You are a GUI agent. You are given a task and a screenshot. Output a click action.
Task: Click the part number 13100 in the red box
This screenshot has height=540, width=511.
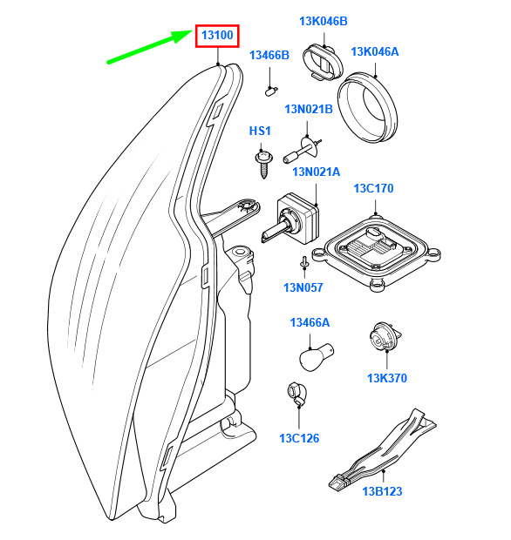217,35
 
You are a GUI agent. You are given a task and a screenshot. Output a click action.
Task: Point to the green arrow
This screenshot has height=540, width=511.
150,47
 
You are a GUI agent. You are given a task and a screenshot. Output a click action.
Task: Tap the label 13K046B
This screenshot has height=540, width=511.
324,21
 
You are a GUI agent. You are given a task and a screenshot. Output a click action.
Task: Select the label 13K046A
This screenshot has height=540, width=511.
374,51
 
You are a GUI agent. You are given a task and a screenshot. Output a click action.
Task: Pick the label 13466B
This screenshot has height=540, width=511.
269,55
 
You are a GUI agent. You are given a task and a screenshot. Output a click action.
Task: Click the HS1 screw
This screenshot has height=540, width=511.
263,164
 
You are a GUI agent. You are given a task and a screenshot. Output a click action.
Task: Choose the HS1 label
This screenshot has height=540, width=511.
260,131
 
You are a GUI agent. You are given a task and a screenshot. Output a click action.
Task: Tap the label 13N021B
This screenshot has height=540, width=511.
309,109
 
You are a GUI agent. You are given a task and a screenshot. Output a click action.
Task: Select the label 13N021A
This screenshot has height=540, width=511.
317,172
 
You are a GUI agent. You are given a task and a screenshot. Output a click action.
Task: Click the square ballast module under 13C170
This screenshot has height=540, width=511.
376,252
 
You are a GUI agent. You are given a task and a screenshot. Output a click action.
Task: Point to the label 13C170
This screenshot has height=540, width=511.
373,188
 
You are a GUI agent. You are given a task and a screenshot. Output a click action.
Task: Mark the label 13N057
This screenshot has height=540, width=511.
303,287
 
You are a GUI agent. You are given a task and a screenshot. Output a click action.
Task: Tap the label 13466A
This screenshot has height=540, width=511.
310,322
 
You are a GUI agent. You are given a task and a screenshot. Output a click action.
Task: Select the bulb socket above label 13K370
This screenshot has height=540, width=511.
384,336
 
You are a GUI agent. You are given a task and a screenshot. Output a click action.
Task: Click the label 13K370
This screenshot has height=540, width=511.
387,378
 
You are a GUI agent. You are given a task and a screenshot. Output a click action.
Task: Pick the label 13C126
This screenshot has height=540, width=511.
299,438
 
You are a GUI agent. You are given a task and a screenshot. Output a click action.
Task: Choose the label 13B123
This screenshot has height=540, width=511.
382,491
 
